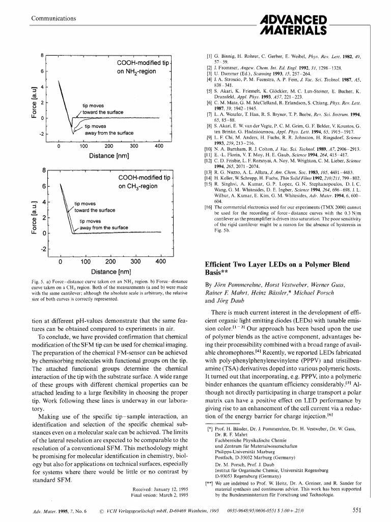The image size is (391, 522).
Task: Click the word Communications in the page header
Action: [x=54, y=19]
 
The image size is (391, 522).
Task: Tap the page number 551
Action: [x=358, y=510]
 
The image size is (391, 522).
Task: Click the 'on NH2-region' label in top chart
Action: [x=136, y=71]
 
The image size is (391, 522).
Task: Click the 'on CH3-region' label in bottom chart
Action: [x=137, y=187]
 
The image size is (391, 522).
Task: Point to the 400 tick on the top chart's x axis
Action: [x=159, y=146]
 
